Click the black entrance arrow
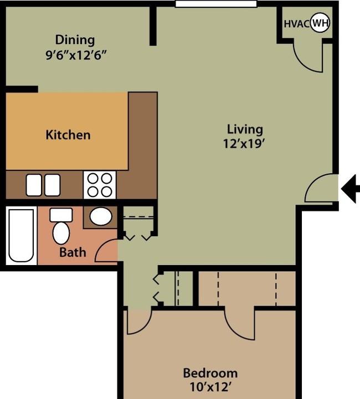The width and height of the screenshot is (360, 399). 350,189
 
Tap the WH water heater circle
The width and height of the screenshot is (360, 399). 320,23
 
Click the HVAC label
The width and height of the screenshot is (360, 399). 296,24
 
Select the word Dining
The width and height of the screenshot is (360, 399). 75,40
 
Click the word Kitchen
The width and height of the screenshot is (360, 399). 68,134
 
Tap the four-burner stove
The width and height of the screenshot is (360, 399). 100,185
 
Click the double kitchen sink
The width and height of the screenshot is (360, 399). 43,185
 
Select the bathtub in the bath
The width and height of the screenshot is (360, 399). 21,235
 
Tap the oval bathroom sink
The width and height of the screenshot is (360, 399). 100,216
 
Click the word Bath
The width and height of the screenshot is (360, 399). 73,252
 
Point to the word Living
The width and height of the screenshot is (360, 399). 244,129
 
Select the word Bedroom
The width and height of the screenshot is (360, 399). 210,372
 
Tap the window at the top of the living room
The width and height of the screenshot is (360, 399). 216,4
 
